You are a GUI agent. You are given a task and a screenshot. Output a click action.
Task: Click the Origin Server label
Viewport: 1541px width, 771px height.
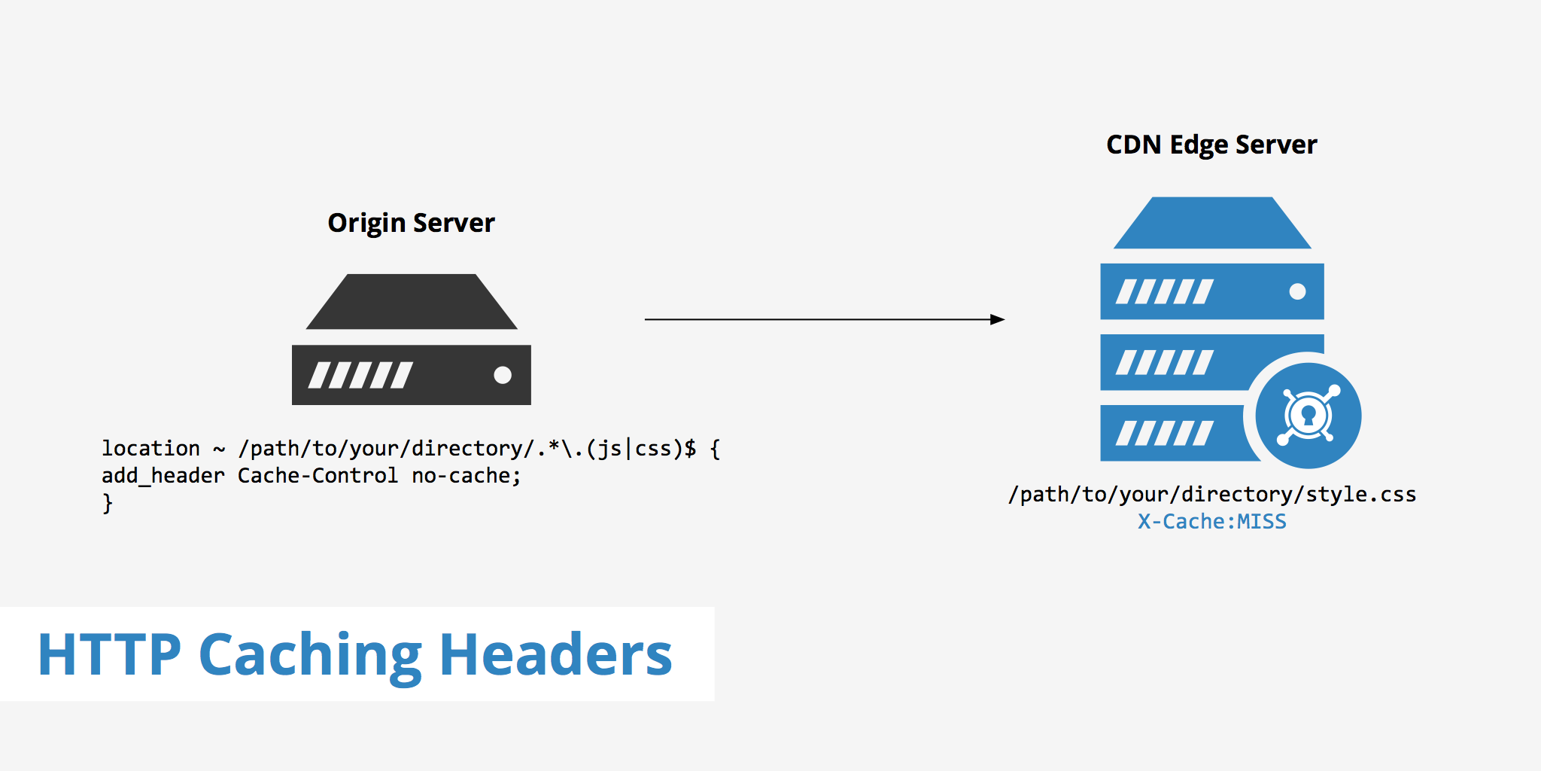411,223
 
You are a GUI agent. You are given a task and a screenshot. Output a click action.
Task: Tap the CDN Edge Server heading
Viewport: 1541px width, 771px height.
1211,145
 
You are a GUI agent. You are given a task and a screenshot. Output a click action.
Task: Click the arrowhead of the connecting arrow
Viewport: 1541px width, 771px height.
998,319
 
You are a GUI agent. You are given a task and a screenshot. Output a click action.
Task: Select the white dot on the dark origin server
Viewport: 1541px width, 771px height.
503,375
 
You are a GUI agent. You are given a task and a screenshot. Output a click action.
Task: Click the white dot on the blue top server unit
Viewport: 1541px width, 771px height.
1297,291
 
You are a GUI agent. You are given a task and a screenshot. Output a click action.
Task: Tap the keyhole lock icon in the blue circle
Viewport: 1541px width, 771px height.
1308,416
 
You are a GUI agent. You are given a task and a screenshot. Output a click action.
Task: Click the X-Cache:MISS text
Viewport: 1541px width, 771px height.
1211,521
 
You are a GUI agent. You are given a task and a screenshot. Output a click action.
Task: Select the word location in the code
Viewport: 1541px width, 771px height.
150,449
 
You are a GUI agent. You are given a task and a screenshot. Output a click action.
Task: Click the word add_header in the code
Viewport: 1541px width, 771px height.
163,476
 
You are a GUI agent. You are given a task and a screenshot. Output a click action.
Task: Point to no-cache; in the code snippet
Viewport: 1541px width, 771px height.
466,476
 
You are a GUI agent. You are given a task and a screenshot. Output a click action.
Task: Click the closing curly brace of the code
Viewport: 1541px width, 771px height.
108,503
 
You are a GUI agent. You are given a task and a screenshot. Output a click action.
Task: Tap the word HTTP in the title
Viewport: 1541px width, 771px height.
110,654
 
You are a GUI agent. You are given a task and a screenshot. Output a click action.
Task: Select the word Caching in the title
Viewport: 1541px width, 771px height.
310,654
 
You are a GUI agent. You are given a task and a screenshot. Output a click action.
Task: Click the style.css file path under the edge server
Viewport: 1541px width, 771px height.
1211,494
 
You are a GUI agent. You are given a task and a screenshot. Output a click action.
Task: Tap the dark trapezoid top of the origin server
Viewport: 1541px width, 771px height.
412,302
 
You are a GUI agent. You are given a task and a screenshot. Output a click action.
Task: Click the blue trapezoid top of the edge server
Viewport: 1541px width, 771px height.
1211,224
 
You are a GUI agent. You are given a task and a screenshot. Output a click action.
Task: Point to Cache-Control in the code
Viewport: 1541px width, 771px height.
318,476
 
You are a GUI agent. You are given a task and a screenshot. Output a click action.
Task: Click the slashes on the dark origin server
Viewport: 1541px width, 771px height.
360,375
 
